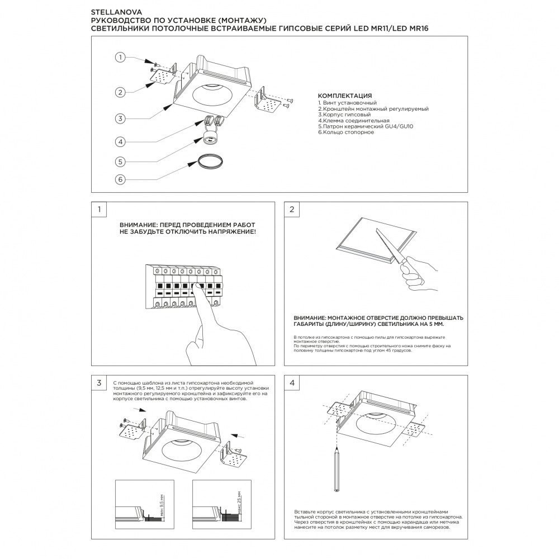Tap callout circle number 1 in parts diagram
point(120,57)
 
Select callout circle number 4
point(120,141)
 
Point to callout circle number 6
point(120,179)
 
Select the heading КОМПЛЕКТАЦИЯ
point(344,96)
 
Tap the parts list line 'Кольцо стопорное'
point(346,132)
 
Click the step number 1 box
point(99,210)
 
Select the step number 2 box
point(292,210)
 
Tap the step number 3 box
point(99,383)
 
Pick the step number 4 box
point(292,383)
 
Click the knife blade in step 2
point(390,246)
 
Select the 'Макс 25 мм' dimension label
point(239,503)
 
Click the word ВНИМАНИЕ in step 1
point(138,224)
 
